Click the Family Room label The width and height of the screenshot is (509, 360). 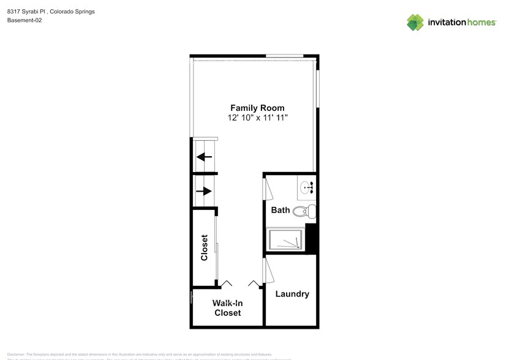(x=257, y=108)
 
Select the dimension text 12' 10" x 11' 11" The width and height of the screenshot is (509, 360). (x=257, y=117)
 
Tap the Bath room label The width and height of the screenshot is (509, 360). (x=281, y=210)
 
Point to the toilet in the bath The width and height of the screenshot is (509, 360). (x=304, y=212)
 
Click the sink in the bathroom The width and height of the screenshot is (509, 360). (x=306, y=186)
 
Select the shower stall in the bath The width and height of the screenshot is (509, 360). (x=285, y=239)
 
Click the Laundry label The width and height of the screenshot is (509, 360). (x=292, y=294)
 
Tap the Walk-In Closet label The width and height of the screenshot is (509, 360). (x=227, y=307)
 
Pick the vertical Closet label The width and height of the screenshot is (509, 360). (x=205, y=247)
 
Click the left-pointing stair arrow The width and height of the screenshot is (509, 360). (x=204, y=157)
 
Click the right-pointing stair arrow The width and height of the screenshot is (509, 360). (x=204, y=190)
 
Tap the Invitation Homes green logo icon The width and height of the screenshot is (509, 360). (x=415, y=23)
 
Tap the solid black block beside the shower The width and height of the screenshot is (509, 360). (x=311, y=237)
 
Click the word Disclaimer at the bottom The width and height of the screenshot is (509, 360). (x=17, y=354)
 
